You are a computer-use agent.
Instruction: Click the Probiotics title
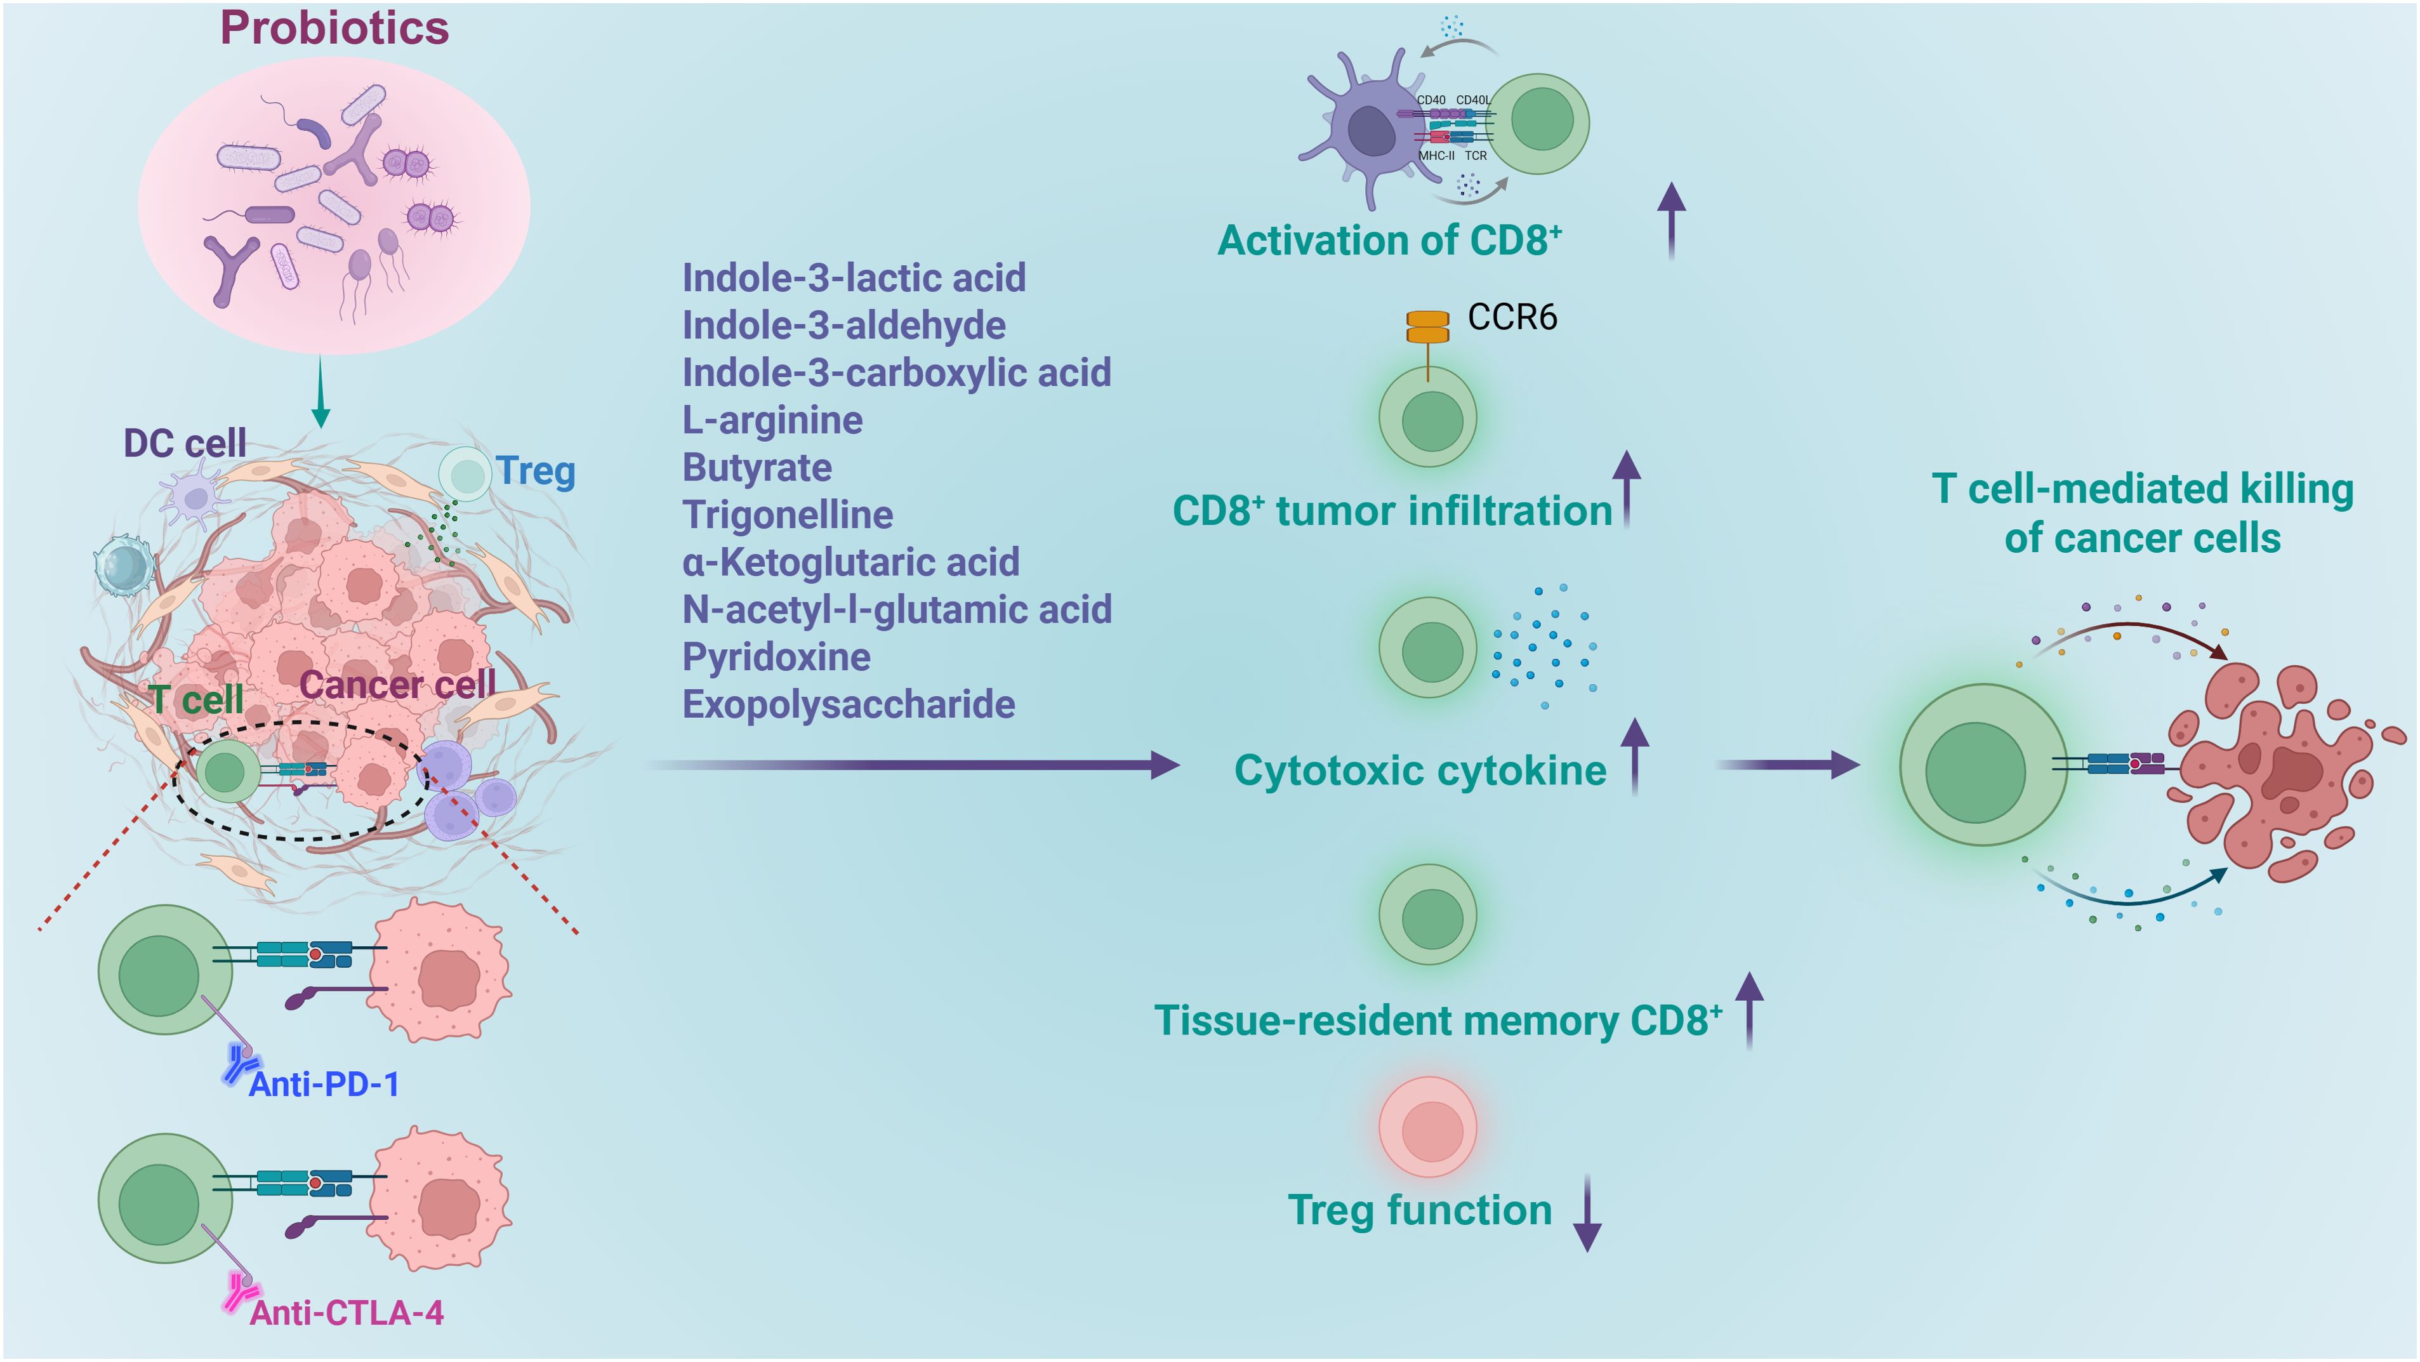(x=334, y=28)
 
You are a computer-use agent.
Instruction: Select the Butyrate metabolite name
(x=757, y=468)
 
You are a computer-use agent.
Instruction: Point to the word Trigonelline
(x=787, y=515)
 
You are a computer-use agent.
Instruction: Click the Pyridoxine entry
(x=776, y=657)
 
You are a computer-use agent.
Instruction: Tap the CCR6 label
(x=1512, y=317)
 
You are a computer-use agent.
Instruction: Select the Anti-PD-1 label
(x=324, y=1085)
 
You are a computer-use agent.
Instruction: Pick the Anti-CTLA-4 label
(x=346, y=1313)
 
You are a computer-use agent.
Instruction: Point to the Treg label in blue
(x=536, y=470)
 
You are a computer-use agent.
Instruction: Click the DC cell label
(x=185, y=444)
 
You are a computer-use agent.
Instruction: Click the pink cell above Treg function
(x=1427, y=1127)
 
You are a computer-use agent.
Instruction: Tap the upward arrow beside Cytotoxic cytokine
(x=1635, y=756)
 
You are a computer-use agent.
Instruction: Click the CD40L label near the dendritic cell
(x=1472, y=100)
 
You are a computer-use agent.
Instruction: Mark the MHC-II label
(x=1436, y=156)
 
